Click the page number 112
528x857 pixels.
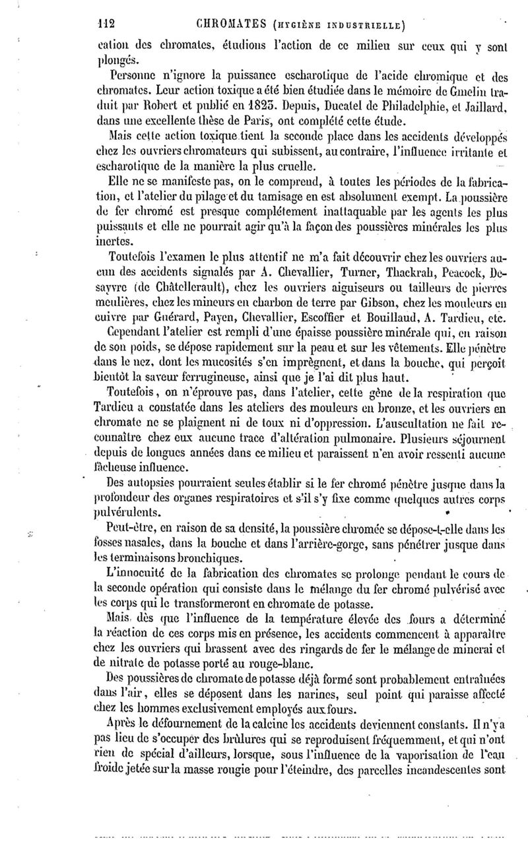[x=106, y=25]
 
